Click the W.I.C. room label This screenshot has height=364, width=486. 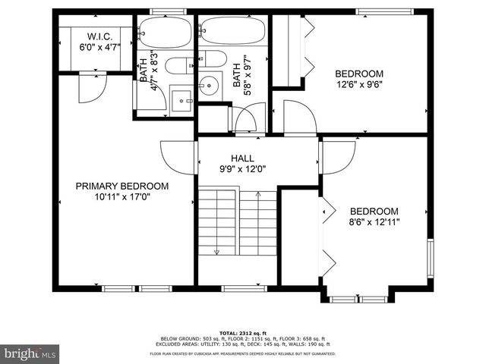pos(99,36)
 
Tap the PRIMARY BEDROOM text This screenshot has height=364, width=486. pos(121,186)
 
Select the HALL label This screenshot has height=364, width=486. pos(242,158)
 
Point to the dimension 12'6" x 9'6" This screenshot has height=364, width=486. pos(359,85)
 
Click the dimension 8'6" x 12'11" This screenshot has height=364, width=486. pos(374,222)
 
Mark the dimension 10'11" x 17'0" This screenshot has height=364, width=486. pos(121,197)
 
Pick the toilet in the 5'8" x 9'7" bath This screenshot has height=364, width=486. pos(213,59)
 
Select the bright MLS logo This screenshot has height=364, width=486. pos(30,353)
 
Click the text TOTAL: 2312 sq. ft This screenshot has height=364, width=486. pos(242,333)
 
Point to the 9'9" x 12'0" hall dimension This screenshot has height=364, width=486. pos(242,169)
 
